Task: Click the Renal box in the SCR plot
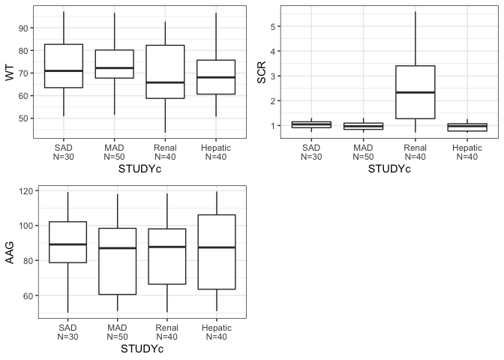pos(415,92)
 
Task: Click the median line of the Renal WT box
pos(165,82)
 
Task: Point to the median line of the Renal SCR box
pos(415,92)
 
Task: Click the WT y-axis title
pos(9,73)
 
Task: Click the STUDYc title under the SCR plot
pos(389,169)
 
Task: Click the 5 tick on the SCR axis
pos(277,26)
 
